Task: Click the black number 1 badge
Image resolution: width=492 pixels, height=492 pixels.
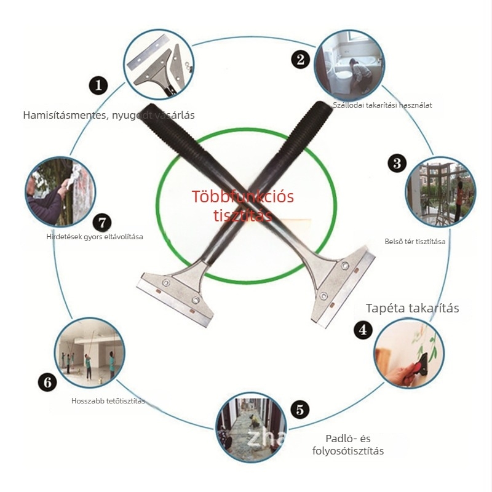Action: (98, 85)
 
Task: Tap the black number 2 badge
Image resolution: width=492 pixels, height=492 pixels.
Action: (300, 59)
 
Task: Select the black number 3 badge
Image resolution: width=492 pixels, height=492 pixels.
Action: (397, 163)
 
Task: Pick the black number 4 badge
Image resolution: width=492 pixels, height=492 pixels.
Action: (363, 330)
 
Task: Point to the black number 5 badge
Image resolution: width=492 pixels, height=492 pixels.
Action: (300, 410)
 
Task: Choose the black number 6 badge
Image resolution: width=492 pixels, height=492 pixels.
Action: (47, 382)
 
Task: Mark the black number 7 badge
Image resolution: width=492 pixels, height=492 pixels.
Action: (102, 223)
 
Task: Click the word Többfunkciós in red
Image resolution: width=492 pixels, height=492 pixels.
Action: (242, 197)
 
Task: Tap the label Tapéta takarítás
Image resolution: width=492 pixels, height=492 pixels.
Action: (412, 308)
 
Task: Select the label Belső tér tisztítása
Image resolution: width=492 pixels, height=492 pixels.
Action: (415, 242)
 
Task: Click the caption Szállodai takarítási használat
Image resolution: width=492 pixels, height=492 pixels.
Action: (382, 105)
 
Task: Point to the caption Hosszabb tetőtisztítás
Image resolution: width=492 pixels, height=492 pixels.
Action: (108, 401)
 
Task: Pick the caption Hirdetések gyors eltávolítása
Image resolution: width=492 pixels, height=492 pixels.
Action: (95, 237)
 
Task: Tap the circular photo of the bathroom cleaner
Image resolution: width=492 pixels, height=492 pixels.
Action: (349, 65)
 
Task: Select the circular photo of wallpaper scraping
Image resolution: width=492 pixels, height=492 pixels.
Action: (408, 353)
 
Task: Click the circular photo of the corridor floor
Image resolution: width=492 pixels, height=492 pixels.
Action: (251, 427)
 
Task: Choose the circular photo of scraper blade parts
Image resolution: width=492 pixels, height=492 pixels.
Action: (159, 65)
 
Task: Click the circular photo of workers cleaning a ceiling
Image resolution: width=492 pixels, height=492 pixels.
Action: (90, 353)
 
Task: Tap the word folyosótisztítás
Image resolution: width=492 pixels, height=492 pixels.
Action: (348, 451)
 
